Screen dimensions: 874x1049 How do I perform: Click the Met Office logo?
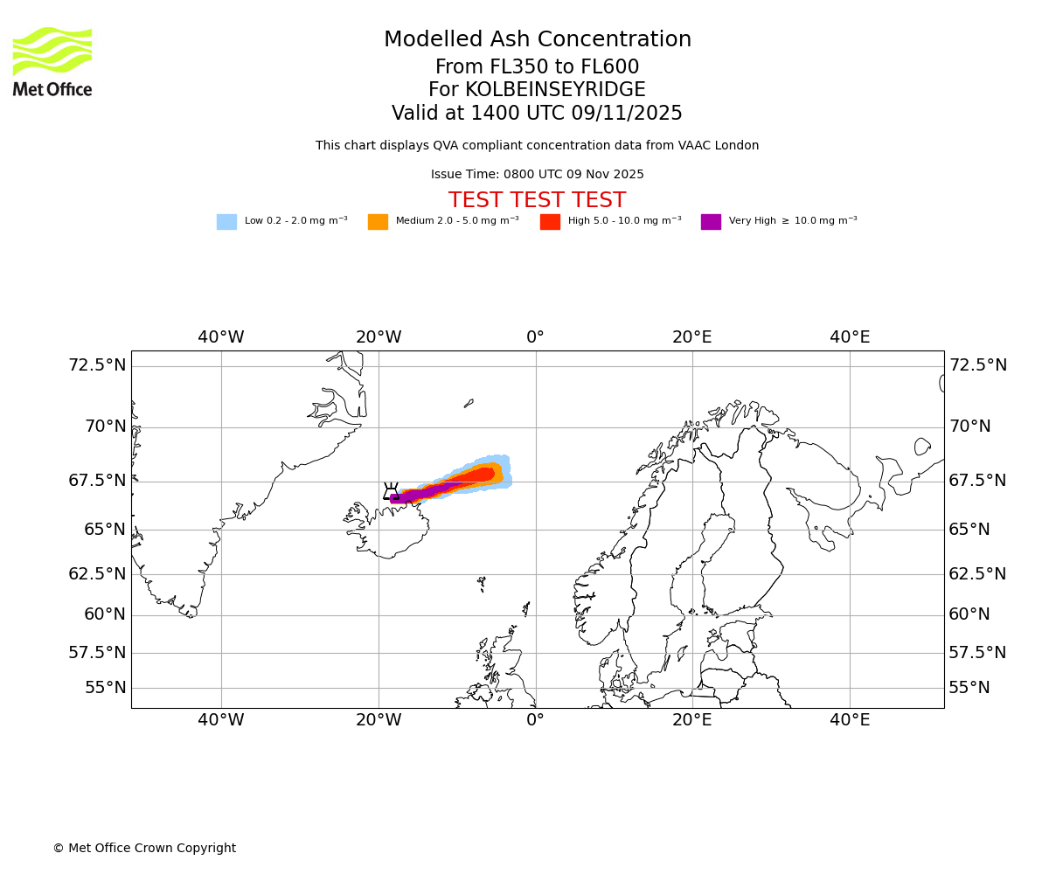(x=52, y=61)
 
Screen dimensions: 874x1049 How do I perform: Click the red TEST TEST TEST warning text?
(x=537, y=200)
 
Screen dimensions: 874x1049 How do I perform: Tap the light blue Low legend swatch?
(x=226, y=222)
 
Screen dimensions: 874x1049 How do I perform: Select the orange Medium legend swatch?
(x=378, y=222)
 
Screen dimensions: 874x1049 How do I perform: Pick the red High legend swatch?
(x=550, y=222)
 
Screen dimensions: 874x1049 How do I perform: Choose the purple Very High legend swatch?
(x=711, y=222)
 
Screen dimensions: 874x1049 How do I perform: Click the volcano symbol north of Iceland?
(x=391, y=491)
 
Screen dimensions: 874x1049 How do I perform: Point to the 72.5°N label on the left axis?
(x=97, y=365)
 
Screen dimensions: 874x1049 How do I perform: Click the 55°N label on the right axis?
(x=969, y=688)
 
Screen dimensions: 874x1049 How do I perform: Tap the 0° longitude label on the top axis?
(x=535, y=337)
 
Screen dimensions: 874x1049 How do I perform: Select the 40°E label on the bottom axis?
(x=850, y=720)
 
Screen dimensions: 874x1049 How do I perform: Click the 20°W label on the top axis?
(x=379, y=337)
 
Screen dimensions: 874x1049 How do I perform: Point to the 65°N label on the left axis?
(x=105, y=530)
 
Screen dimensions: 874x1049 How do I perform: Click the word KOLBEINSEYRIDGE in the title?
(x=555, y=90)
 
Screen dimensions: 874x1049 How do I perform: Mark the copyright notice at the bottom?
(x=144, y=848)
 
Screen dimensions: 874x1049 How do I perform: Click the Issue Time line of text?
(x=537, y=174)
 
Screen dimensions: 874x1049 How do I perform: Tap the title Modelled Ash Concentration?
(x=537, y=40)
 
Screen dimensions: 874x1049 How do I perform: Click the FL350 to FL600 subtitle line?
(x=537, y=67)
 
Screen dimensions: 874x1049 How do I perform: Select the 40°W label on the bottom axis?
(x=220, y=720)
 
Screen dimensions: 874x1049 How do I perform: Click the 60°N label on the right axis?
(x=969, y=614)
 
